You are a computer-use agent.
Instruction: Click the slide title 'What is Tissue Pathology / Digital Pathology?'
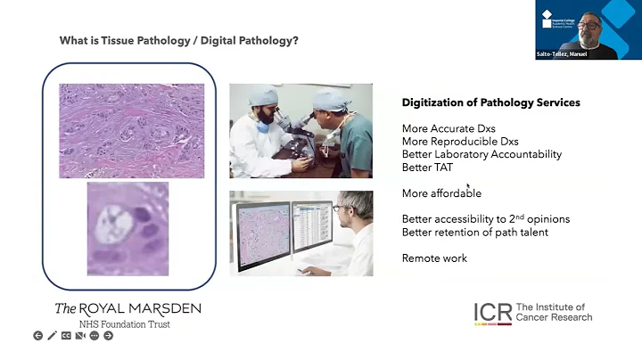pyautogui.click(x=178, y=40)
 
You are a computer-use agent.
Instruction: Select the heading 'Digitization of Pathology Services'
pyautogui.click(x=490, y=102)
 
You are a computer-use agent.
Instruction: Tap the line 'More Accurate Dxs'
pyautogui.click(x=449, y=128)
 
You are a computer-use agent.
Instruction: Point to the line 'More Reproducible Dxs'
pyautogui.click(x=460, y=142)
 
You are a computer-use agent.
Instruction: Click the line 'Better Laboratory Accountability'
pyautogui.click(x=481, y=154)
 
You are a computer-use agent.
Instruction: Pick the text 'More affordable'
pyautogui.click(x=441, y=192)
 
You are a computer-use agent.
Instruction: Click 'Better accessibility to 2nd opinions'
pyautogui.click(x=486, y=219)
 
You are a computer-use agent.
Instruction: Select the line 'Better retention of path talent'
pyautogui.click(x=474, y=233)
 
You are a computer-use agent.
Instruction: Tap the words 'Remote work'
pyautogui.click(x=434, y=258)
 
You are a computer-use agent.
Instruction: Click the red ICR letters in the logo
pyautogui.click(x=492, y=311)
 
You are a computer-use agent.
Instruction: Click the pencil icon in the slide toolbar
pyautogui.click(x=52, y=336)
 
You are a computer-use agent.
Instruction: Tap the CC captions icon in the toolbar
pyautogui.click(x=66, y=336)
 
